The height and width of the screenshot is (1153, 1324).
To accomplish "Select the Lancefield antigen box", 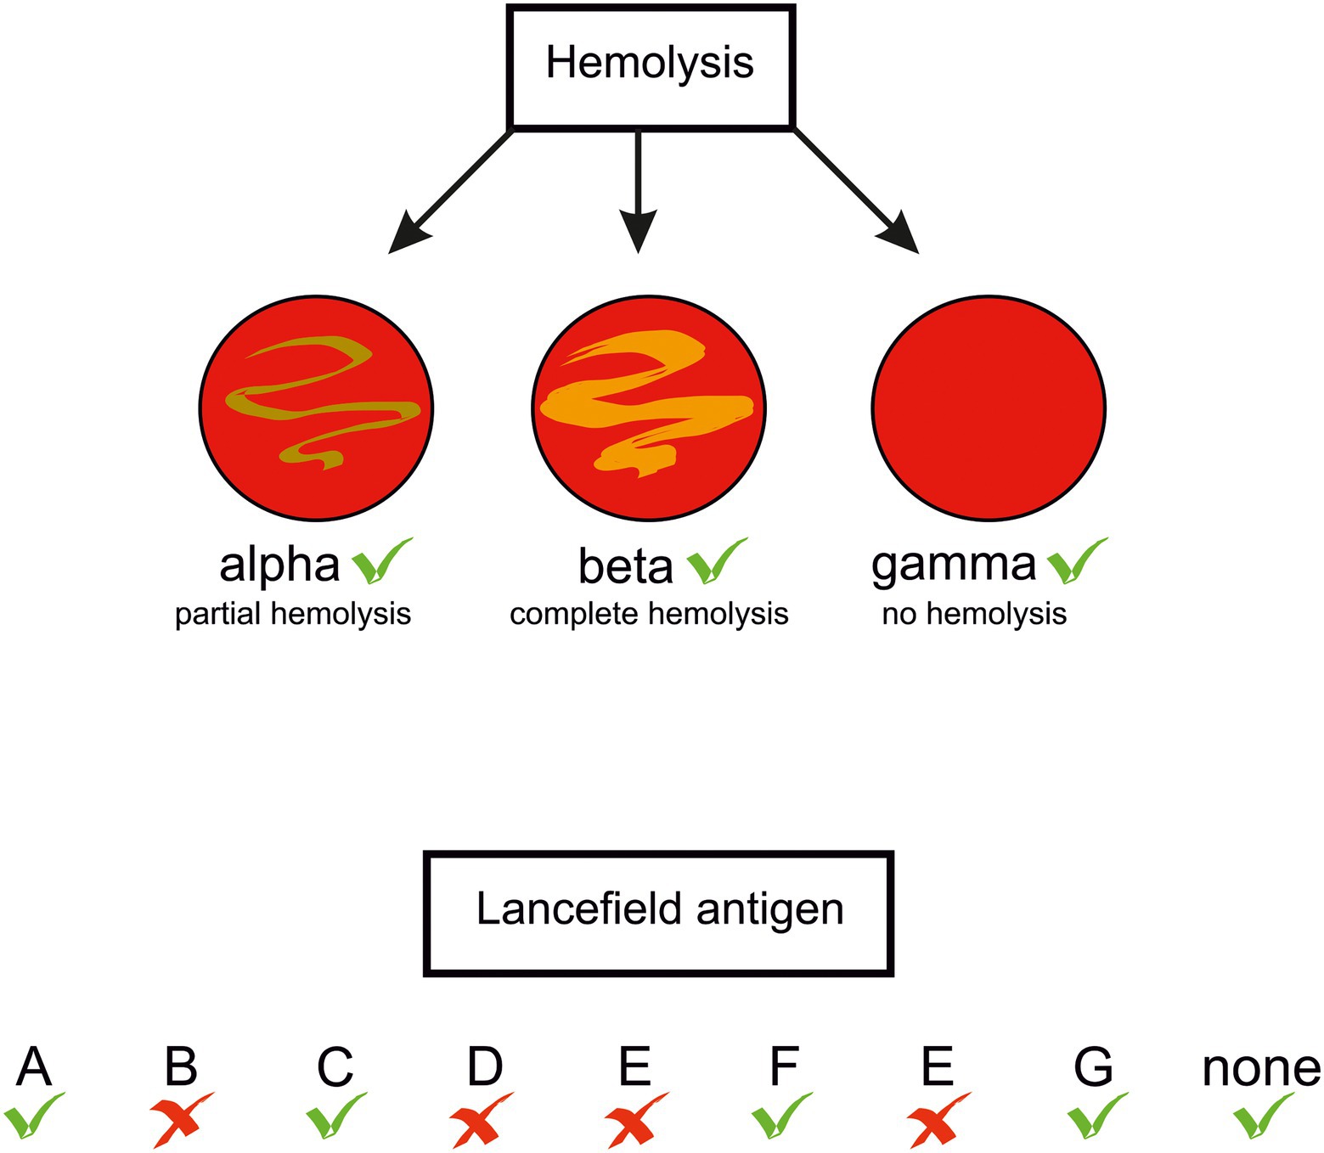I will pyautogui.click(x=658, y=912).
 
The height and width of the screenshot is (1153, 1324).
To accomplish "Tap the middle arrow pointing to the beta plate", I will pyautogui.click(x=638, y=187).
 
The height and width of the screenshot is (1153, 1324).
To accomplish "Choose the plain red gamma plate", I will pyautogui.click(x=989, y=408).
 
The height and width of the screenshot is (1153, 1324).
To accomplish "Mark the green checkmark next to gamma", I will pyautogui.click(x=1077, y=562).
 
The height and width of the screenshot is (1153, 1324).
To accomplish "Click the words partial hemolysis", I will pyautogui.click(x=293, y=614).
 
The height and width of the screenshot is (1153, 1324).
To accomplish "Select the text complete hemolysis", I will pyautogui.click(x=649, y=614).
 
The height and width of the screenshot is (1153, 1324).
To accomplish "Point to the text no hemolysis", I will pyautogui.click(x=974, y=614).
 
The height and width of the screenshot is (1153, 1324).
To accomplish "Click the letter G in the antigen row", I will pyautogui.click(x=1093, y=1067).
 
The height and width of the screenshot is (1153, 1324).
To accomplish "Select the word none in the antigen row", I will pyautogui.click(x=1261, y=1069).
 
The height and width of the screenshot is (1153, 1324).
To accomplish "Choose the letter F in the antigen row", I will pyautogui.click(x=783, y=1067).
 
